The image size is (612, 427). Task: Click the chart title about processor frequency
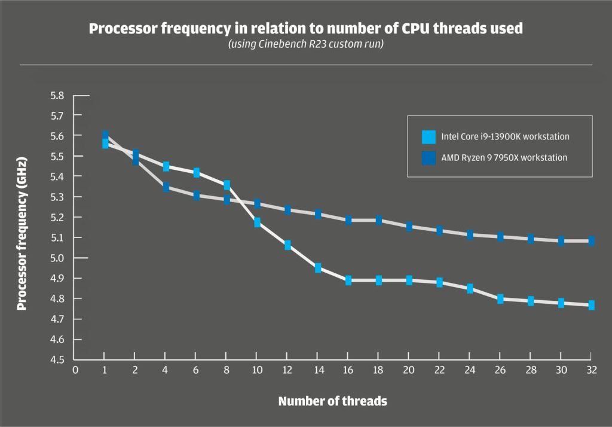coord(305,29)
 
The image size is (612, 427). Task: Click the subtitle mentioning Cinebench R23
coord(305,45)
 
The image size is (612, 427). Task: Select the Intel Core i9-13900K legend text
coord(505,136)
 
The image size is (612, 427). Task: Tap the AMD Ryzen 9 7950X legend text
coord(504,158)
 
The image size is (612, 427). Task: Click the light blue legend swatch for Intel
coord(429,136)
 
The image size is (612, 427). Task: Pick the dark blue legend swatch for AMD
coord(429,158)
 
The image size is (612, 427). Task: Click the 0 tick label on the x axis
coord(75,370)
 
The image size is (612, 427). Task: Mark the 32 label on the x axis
coord(591,370)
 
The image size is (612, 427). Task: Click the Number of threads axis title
coord(332,401)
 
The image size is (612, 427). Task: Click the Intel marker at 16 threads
coord(348,280)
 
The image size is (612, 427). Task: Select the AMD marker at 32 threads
coord(591,241)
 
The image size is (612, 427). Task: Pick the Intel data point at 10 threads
coord(257,222)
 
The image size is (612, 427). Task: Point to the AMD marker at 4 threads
coord(166,187)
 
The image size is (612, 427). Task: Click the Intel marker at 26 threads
coord(500,298)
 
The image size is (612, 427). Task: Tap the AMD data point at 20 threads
coord(409,227)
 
